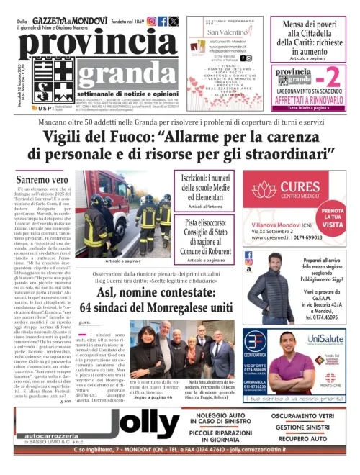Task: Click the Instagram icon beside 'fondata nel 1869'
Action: click(x=151, y=22)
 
